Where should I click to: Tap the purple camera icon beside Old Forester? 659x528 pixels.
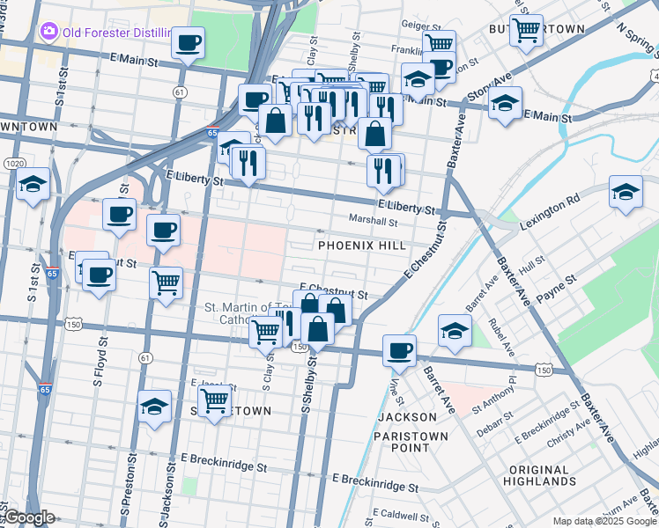[48, 33]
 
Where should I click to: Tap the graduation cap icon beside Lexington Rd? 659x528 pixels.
[625, 194]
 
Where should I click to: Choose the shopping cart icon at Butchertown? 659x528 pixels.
[526, 31]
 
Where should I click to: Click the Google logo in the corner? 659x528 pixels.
[29, 518]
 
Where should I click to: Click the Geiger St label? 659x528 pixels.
[420, 27]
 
